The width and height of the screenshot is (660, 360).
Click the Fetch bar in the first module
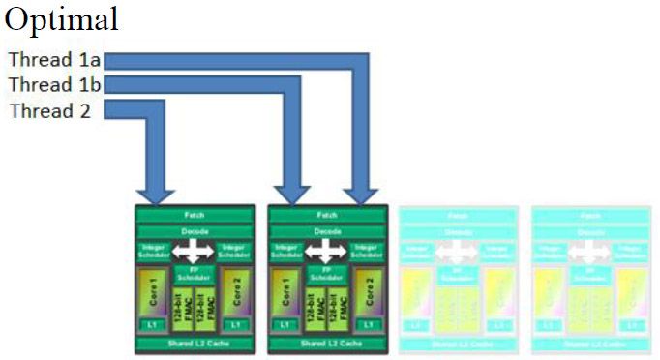[x=194, y=215]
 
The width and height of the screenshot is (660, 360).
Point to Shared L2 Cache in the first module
[x=194, y=343]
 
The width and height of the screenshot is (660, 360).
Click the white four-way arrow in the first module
[x=194, y=253]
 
